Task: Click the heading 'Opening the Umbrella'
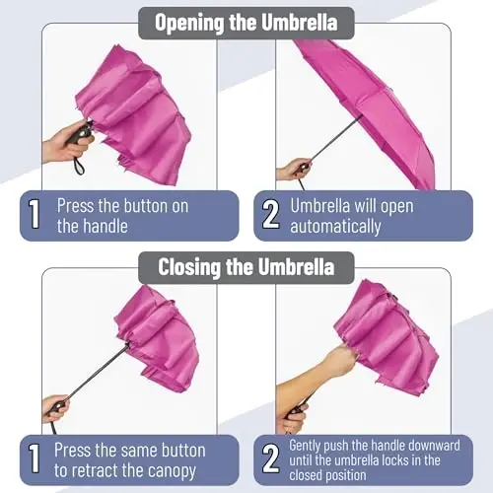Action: [x=246, y=22]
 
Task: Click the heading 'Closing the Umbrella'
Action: [x=246, y=266]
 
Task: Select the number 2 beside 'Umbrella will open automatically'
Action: [x=270, y=215]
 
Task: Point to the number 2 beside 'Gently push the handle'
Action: [x=270, y=459]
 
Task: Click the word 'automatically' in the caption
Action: [x=335, y=226]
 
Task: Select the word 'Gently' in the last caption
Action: [x=308, y=446]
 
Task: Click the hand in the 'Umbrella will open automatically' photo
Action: [x=293, y=169]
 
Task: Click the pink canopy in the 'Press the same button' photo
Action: [x=158, y=335]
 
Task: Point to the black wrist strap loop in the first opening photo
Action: [x=79, y=165]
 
